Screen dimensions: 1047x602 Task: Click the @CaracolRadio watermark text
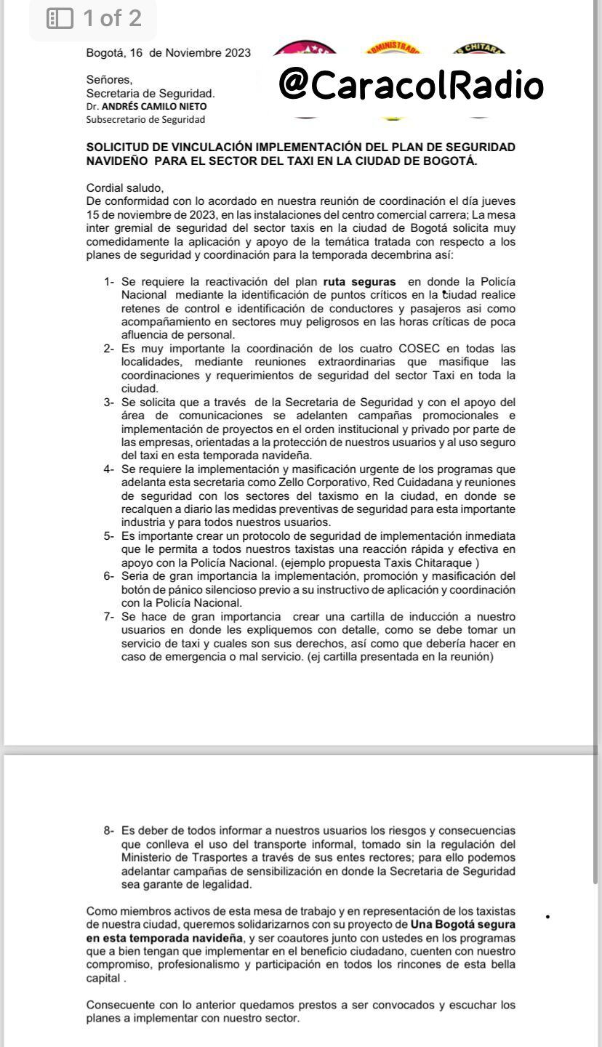coord(411,85)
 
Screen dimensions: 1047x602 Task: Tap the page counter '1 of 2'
coord(113,18)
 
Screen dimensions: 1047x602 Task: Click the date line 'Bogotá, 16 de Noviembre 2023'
coord(168,52)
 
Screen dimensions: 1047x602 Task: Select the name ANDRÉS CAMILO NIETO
coord(153,106)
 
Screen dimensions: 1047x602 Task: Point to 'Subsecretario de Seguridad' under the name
coord(145,119)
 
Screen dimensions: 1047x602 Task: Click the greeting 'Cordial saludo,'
coord(125,187)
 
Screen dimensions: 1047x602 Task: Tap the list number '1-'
coord(109,281)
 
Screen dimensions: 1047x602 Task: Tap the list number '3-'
coord(109,402)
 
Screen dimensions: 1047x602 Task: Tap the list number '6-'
coord(109,576)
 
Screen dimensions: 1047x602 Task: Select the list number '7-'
coord(109,617)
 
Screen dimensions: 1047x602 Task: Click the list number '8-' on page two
coord(109,830)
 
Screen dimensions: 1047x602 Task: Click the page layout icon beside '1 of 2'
coord(60,18)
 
